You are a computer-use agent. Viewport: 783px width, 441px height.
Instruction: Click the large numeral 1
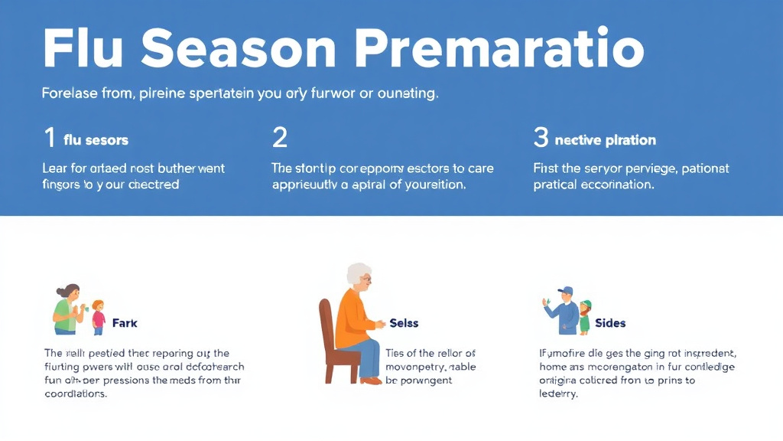[50, 139]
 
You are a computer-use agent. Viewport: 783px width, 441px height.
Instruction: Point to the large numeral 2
[280, 139]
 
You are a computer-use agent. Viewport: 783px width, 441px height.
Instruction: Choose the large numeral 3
[541, 139]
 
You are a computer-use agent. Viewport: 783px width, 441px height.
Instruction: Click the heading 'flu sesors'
[96, 140]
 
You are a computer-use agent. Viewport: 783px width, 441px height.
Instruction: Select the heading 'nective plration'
[605, 140]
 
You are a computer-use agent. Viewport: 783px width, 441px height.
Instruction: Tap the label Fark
[125, 323]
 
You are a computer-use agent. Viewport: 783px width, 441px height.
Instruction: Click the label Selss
[404, 323]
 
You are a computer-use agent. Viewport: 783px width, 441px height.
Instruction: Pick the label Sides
[610, 323]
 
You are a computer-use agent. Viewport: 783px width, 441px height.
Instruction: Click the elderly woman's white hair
[357, 273]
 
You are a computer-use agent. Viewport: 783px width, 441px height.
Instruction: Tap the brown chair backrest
[327, 322]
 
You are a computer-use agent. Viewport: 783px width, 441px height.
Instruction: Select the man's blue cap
[565, 291]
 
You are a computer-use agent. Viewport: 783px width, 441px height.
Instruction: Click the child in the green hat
[585, 315]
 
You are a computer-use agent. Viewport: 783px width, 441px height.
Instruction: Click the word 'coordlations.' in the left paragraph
[76, 394]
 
